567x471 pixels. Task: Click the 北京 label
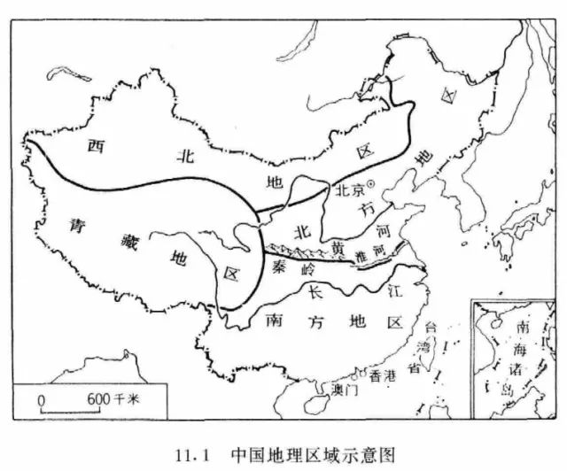click(347, 189)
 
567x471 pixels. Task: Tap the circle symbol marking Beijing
click(370, 184)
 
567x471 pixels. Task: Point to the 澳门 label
click(342, 388)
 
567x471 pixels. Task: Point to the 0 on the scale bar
click(41, 399)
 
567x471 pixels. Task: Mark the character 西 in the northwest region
click(96, 147)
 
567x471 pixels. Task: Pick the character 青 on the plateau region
click(77, 225)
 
